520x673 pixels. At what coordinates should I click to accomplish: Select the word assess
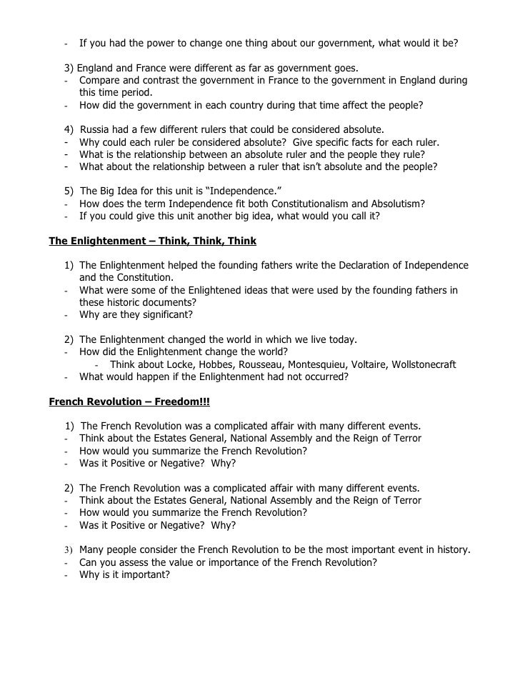[126, 562]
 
